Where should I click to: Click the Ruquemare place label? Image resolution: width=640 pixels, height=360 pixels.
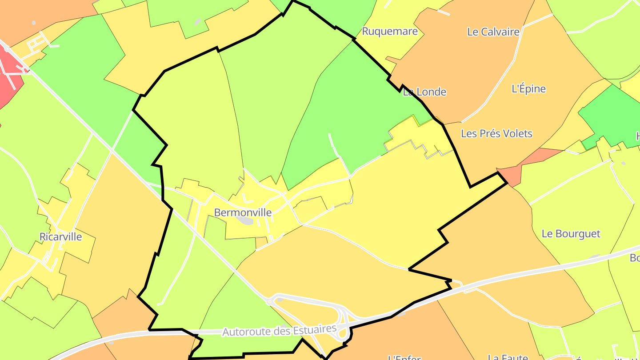point(390,31)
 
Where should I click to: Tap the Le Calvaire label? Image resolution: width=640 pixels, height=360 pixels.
point(493,32)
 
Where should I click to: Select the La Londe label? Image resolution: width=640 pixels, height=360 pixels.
point(424,92)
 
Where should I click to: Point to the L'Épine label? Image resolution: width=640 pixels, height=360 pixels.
point(528,88)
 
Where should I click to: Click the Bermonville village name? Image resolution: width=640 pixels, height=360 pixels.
point(243,212)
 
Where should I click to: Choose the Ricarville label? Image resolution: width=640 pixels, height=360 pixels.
point(61,236)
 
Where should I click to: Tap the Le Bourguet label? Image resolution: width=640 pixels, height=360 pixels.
point(571,234)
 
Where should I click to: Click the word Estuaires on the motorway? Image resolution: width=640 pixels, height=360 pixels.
point(312,329)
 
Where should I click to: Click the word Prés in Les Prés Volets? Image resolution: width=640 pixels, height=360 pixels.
point(488,133)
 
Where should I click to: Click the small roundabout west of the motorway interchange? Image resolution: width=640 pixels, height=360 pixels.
point(269,302)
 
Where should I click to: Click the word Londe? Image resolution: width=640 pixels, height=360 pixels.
point(431,92)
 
